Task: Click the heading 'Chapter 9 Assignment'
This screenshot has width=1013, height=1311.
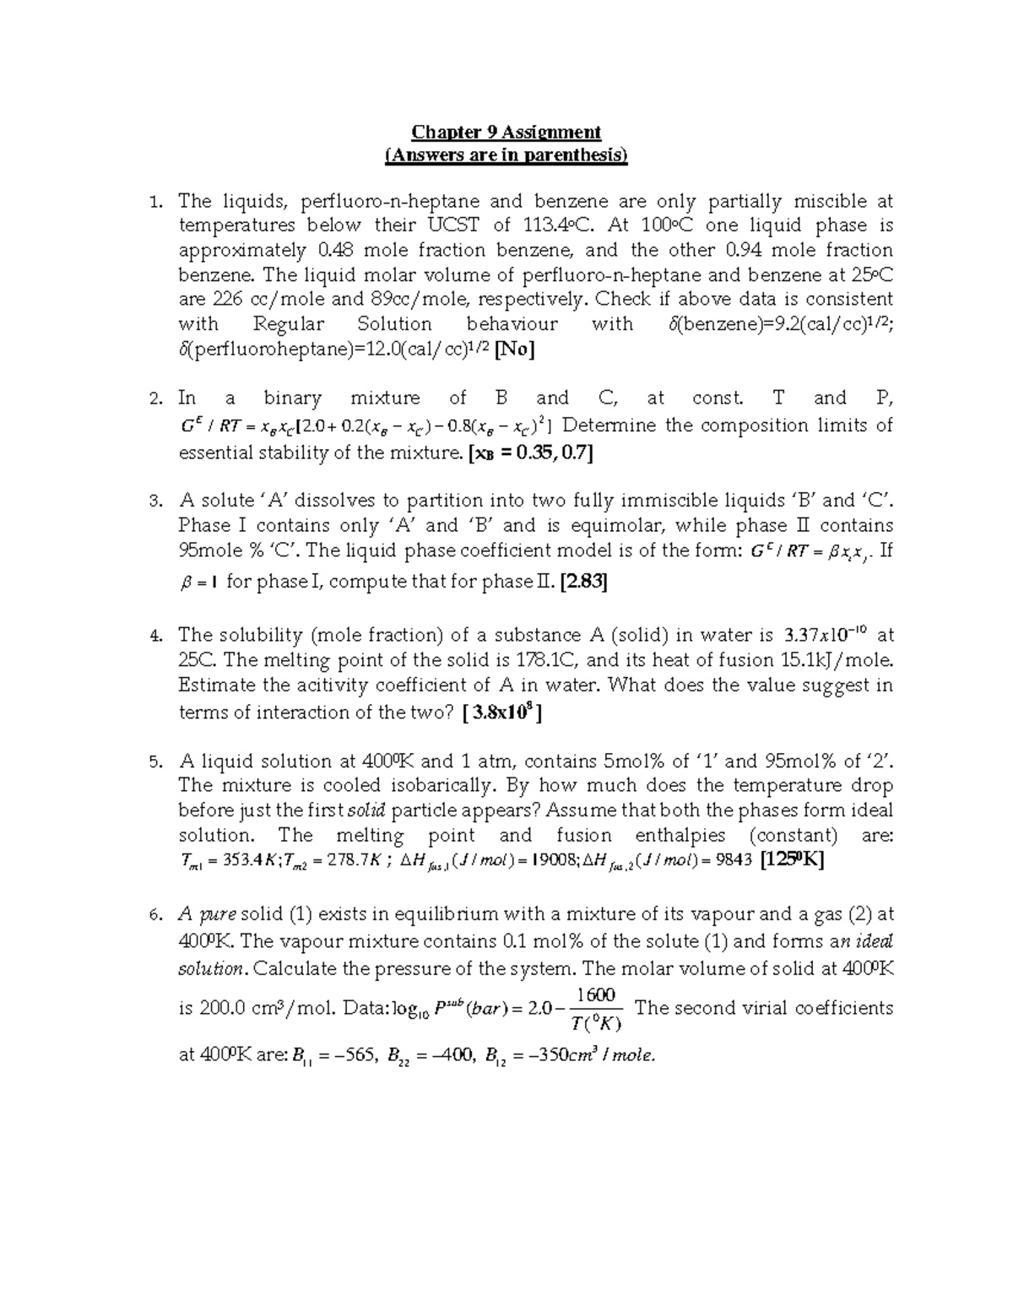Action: coord(506,132)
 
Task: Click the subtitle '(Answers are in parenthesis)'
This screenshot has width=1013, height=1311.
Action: coord(506,155)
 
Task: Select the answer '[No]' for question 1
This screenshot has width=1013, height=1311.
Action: coord(514,349)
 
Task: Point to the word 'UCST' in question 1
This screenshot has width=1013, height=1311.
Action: coord(454,225)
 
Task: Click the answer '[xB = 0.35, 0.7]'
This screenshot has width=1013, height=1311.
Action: coord(530,453)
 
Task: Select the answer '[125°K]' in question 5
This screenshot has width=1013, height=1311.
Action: coord(792,860)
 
